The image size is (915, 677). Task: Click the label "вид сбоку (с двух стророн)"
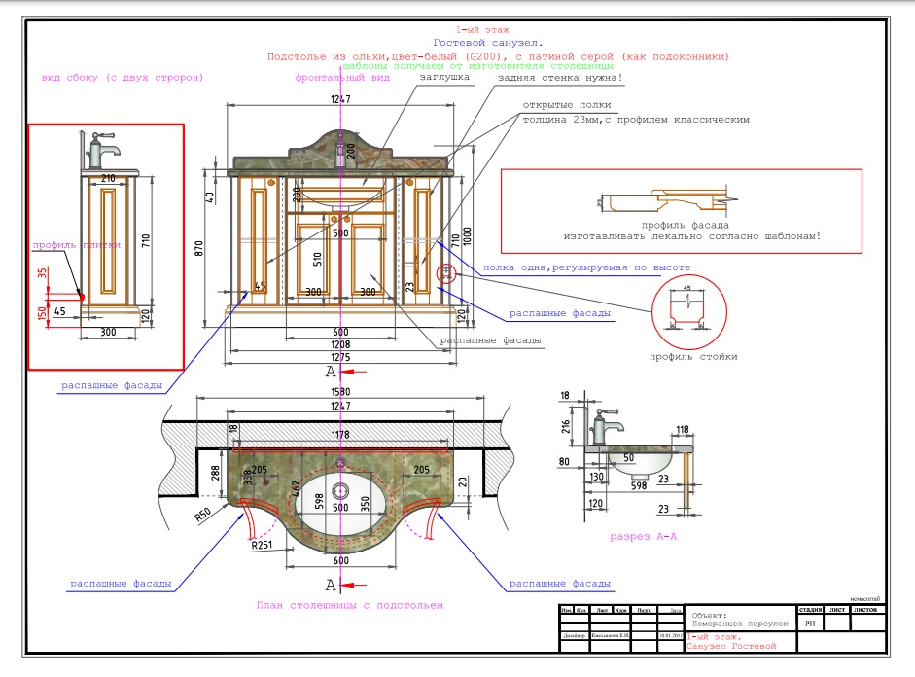pyautogui.click(x=122, y=77)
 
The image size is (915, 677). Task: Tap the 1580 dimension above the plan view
pyautogui.click(x=339, y=393)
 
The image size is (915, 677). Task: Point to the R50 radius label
pyautogui.click(x=202, y=515)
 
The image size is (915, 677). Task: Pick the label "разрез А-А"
pyautogui.click(x=644, y=537)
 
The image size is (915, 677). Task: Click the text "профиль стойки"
pyautogui.click(x=692, y=357)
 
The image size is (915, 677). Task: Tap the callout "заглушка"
pyautogui.click(x=444, y=77)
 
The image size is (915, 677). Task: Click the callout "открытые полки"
pyautogui.click(x=566, y=104)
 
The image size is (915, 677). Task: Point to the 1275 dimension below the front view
pyautogui.click(x=340, y=356)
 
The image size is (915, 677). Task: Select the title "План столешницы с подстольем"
pyautogui.click(x=349, y=605)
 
